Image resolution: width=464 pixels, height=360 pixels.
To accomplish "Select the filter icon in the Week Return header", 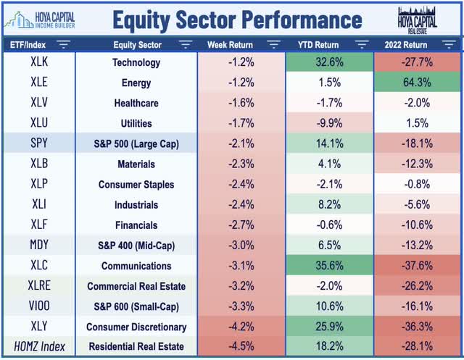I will click(273, 45).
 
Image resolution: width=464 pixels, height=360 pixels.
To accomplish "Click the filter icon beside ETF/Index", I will click(63, 45).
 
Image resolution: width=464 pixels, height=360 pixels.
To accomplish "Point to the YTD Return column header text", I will click(316, 45).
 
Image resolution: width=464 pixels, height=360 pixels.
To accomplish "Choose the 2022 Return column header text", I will click(409, 45).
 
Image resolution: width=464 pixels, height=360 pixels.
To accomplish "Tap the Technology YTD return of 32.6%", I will click(329, 63).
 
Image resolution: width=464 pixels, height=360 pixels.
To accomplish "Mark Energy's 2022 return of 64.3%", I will click(418, 83).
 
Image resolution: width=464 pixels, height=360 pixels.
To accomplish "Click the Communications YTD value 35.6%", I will click(329, 266).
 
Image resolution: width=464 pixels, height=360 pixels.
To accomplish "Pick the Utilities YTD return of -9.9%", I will click(329, 124).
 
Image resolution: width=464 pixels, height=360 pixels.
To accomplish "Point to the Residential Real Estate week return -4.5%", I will click(241, 347).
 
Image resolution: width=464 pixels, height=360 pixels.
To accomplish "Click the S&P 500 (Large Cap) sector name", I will click(136, 144).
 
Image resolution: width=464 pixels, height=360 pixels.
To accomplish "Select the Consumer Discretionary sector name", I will click(136, 327).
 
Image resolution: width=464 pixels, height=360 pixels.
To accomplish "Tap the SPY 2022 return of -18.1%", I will click(418, 144).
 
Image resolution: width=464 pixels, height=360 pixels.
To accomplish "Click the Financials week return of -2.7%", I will click(241, 225).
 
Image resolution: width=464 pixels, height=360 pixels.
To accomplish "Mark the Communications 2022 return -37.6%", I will click(418, 266).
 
